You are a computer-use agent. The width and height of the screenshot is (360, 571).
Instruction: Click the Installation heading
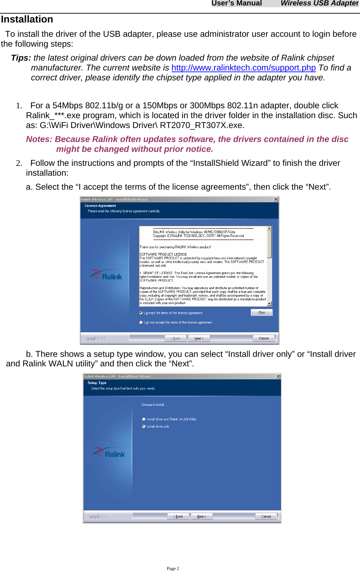(x=27, y=19)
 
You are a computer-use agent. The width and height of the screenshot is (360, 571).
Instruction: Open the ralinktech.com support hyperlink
(x=243, y=68)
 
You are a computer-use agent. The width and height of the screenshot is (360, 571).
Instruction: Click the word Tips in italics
(x=21, y=58)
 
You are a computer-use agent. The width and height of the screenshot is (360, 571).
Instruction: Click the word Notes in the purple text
(x=39, y=139)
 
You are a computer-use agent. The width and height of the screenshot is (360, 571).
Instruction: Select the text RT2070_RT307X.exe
(x=202, y=125)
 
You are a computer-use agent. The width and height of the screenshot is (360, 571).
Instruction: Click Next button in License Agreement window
(x=199, y=338)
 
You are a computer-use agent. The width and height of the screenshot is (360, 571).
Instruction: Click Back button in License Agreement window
(x=176, y=338)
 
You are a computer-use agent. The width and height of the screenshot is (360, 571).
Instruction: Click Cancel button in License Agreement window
(x=264, y=338)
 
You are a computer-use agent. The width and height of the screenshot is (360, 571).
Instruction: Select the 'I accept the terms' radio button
(x=141, y=313)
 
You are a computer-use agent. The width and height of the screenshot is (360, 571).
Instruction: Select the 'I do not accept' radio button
(x=141, y=322)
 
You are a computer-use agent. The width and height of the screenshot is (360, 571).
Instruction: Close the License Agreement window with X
(x=276, y=199)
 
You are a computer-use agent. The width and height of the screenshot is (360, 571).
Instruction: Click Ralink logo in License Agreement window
(x=106, y=275)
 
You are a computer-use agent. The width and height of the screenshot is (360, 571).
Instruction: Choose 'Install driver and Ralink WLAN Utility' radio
(x=144, y=419)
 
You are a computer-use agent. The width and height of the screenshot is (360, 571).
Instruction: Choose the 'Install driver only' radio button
(x=144, y=426)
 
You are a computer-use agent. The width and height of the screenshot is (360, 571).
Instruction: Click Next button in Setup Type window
(x=202, y=517)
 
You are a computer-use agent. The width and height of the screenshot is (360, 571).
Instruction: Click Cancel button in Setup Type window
(x=266, y=517)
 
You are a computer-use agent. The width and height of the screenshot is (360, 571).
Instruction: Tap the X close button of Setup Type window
(x=278, y=376)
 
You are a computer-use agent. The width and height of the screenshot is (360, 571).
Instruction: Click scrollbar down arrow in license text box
(x=269, y=304)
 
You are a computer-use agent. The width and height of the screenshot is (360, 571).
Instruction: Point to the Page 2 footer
(x=173, y=568)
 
